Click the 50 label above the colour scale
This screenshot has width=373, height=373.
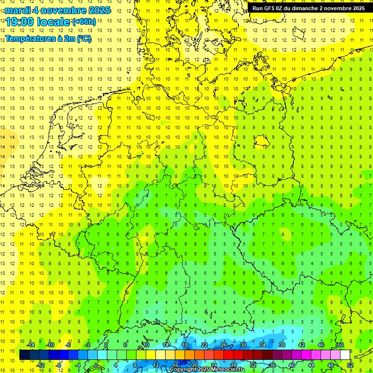(x=340, y=345)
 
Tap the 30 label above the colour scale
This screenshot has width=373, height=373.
(x=243, y=345)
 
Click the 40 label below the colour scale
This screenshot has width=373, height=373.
(x=292, y=365)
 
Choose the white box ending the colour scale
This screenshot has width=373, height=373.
(x=345, y=355)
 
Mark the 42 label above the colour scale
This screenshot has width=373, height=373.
(x=301, y=345)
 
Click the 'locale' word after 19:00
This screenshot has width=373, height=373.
(x=56, y=21)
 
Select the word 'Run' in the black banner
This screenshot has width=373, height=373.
(x=257, y=8)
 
